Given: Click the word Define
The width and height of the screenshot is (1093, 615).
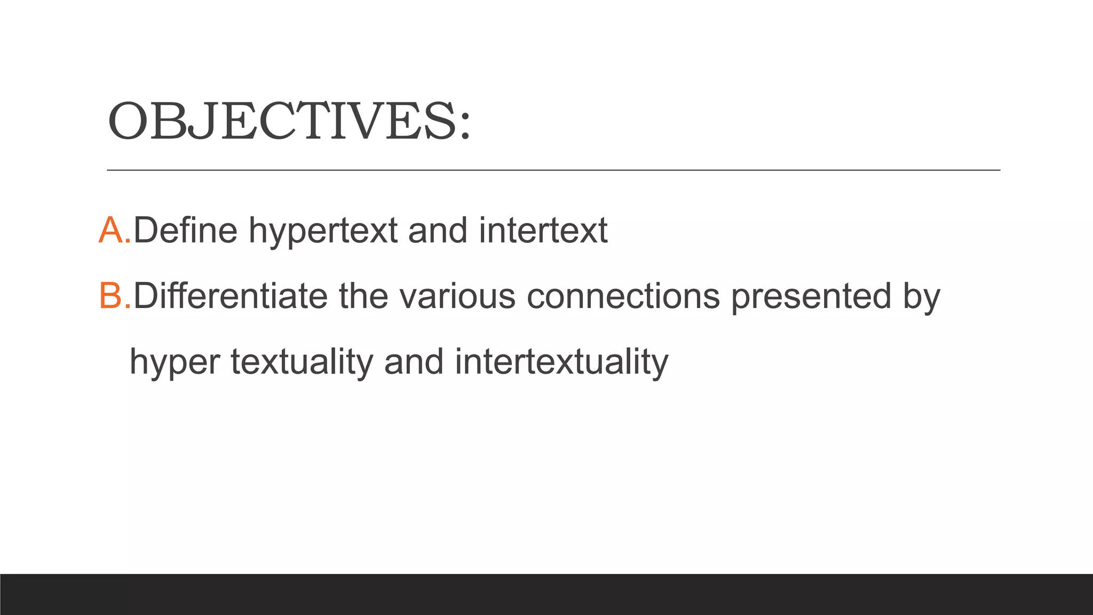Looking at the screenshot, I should tap(185, 231).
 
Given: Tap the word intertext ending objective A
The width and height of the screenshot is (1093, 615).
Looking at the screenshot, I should tap(543, 231).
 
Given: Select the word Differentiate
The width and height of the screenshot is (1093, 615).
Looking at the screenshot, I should tap(230, 296).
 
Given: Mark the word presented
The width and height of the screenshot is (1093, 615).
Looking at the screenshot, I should tap(811, 297).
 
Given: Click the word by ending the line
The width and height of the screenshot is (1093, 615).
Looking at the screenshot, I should tap(921, 297).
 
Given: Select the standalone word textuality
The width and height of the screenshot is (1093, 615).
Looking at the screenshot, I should tap(302, 362).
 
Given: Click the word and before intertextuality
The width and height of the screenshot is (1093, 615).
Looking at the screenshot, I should tap(414, 362).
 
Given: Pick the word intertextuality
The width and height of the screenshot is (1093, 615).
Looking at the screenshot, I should tap(561, 362).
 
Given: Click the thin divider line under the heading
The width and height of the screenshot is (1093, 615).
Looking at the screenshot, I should tap(553, 170).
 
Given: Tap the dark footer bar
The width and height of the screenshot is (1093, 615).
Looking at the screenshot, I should tap(546, 594).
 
